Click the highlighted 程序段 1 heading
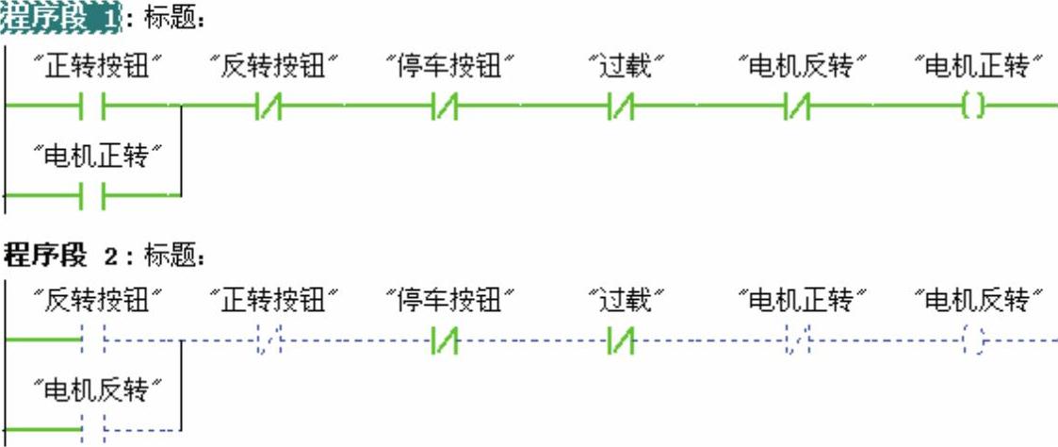point(62,16)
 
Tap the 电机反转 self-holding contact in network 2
point(93,428)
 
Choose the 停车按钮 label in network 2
point(449,301)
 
